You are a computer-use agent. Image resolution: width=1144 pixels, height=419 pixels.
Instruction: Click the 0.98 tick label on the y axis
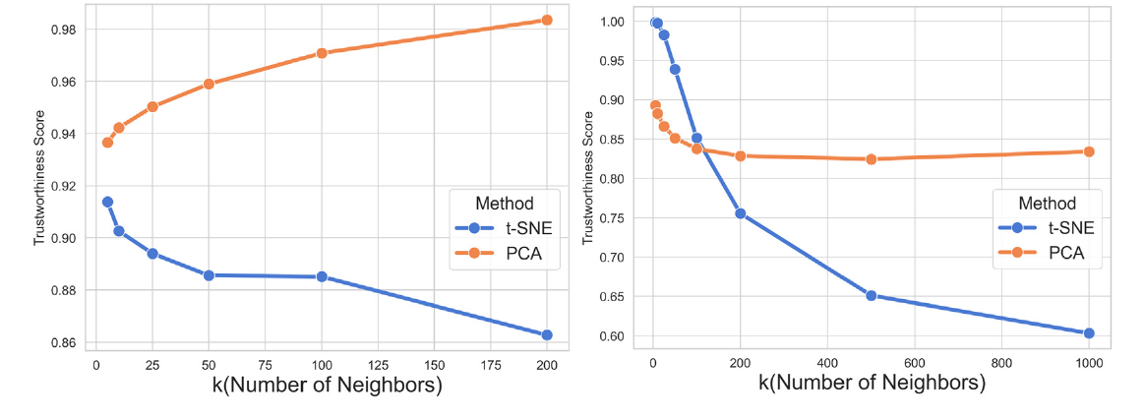coord(67,30)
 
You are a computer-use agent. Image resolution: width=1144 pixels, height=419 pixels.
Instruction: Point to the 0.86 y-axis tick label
coord(67,343)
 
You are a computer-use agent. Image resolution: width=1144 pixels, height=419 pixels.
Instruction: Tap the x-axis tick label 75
coord(265,364)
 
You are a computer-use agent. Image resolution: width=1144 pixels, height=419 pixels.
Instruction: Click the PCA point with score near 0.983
coord(547,20)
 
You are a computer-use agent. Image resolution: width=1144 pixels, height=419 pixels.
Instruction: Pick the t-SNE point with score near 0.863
coord(547,335)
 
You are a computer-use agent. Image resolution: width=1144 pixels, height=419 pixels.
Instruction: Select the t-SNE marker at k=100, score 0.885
coord(322,277)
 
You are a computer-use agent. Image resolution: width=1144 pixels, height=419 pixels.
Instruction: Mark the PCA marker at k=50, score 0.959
coord(209,84)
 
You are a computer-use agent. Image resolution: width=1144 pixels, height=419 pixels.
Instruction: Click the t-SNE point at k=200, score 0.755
coord(740,213)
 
